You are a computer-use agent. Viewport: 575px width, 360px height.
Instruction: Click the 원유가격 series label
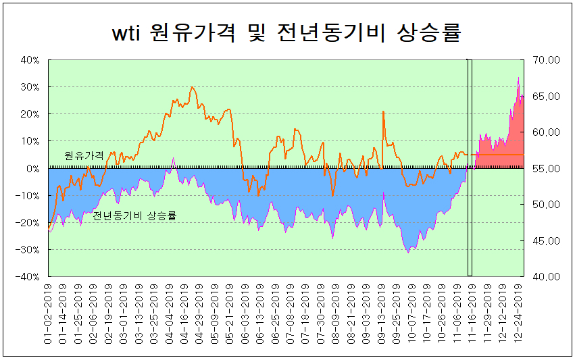click(84, 155)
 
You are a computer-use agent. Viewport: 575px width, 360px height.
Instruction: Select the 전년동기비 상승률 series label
click(134, 216)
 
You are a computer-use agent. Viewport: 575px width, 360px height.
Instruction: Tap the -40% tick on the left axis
click(29, 277)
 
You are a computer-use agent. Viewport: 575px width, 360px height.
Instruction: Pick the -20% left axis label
click(29, 223)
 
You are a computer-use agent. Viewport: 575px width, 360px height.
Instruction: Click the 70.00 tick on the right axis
click(546, 60)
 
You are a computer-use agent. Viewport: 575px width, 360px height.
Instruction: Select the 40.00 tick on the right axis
click(546, 277)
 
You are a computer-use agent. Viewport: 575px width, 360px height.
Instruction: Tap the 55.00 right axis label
click(546, 168)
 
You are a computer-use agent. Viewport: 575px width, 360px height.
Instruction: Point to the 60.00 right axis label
click(546, 132)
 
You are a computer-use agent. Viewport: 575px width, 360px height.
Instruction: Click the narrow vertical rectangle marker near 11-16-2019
click(470, 168)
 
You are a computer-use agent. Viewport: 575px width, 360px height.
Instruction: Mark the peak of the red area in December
click(518, 78)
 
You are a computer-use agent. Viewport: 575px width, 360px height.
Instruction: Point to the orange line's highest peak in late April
click(193, 87)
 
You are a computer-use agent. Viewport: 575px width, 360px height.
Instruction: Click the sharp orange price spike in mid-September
click(383, 111)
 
